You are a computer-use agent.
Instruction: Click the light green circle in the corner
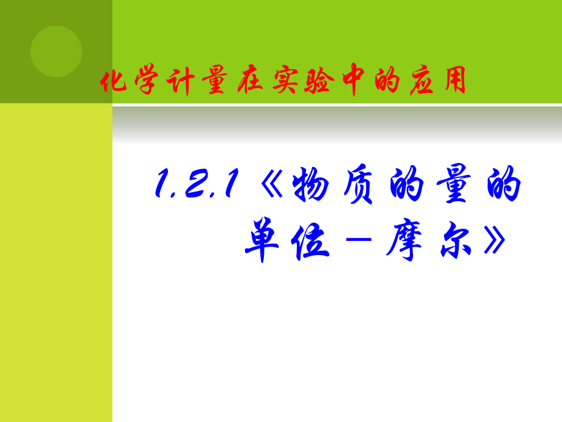coord(56,51)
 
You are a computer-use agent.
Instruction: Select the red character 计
coord(180,81)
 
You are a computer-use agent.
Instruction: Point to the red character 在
coord(250,80)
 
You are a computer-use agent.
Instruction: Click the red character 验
coord(319,80)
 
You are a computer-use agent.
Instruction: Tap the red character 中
coord(353,80)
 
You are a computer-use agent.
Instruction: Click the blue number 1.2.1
coord(197,183)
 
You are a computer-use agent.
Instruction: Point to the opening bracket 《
coord(272,183)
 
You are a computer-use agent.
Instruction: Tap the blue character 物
coord(311,183)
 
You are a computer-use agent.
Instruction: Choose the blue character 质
coord(359,183)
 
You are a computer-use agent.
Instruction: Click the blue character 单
coord(262,239)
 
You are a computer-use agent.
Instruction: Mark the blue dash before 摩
coord(359,239)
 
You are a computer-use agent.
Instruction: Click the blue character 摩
coord(404,239)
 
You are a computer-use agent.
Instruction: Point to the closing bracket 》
coord(495,240)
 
